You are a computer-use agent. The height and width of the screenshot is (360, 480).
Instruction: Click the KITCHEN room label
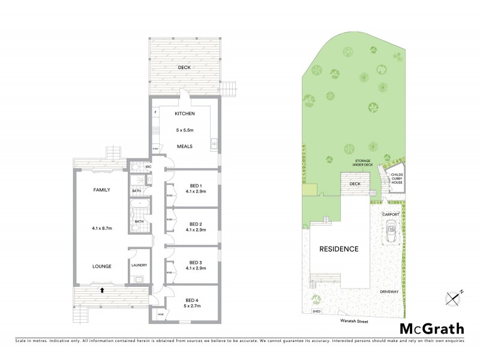(184, 114)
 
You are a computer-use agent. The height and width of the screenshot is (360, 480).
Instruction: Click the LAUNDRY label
(139, 265)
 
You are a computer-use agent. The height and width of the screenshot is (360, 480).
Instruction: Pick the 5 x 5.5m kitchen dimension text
(184, 130)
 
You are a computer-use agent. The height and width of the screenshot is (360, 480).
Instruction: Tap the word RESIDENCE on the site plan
(338, 249)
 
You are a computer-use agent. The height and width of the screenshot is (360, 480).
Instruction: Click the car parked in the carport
(391, 231)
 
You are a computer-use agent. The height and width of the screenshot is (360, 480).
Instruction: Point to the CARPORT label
(391, 214)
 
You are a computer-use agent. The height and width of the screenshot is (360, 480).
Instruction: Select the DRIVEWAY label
(389, 292)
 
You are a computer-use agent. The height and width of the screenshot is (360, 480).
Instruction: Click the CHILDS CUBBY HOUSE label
(397, 178)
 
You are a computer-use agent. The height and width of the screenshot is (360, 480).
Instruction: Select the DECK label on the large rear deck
(184, 67)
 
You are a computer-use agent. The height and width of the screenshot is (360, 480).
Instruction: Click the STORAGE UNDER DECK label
(364, 163)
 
